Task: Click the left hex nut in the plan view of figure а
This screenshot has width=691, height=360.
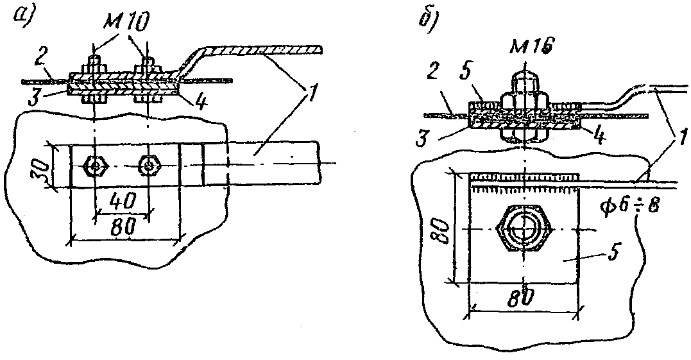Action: [x=95, y=166]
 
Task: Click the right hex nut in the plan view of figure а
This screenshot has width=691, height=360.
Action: [x=149, y=166]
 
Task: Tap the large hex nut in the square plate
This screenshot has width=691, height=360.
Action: [x=525, y=228]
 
